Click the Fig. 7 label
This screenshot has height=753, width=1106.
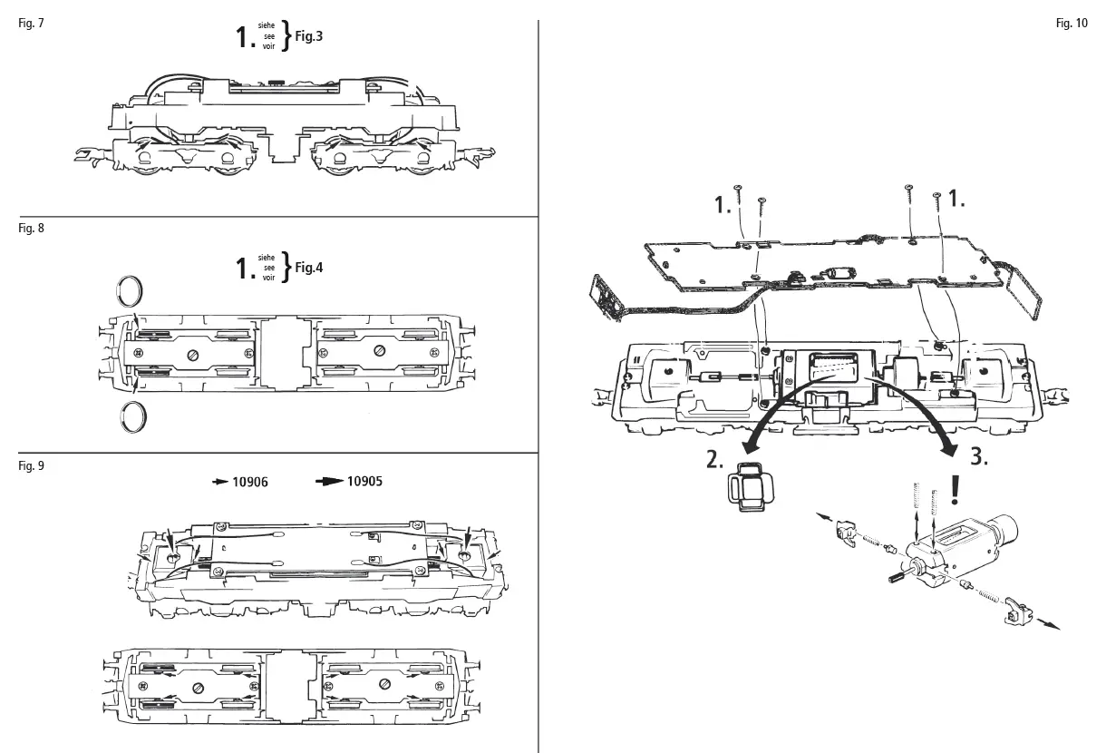point(31,23)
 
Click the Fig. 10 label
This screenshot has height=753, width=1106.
point(1072,24)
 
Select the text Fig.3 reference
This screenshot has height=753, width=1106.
point(308,37)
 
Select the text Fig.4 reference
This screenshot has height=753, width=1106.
point(308,268)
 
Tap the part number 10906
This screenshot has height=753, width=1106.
point(250,482)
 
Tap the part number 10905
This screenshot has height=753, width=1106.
point(364,481)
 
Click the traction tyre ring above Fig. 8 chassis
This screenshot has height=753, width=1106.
point(131,292)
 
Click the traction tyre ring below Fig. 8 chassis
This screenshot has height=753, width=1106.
point(132,417)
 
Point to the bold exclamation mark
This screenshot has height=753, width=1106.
point(956,491)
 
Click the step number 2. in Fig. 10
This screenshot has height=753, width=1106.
point(715,460)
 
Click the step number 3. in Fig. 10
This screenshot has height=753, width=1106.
point(978,457)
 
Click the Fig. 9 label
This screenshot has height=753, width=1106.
point(31,465)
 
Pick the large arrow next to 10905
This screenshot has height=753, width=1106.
point(329,481)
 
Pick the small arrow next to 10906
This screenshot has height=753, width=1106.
point(220,482)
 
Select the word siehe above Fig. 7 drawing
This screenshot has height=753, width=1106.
point(266,27)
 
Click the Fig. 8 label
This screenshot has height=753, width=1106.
point(31,229)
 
